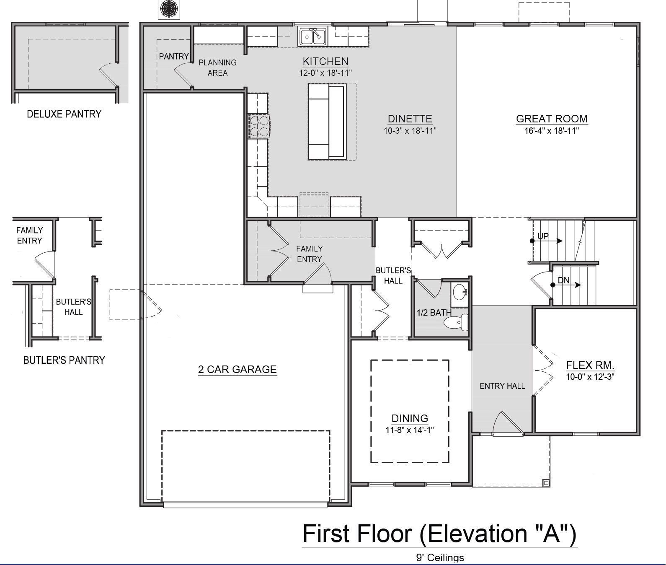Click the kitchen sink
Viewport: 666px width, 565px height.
[313, 37]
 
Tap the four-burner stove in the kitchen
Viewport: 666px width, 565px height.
[259, 126]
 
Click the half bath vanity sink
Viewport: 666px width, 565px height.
[459, 293]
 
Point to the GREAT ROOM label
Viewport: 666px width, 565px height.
[552, 119]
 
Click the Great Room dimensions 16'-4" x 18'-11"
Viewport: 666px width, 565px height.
[552, 131]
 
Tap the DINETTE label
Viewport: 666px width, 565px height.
[410, 119]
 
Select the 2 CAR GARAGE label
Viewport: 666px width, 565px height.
[237, 369]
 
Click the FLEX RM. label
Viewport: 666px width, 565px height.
[590, 365]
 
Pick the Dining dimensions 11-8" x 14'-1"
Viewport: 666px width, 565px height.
[410, 430]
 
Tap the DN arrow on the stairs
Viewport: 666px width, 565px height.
[566, 285]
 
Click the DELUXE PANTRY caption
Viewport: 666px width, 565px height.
[64, 114]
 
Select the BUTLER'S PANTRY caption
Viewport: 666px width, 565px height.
[64, 360]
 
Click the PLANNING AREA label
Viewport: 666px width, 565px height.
[217, 68]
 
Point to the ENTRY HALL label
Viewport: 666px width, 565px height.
[502, 386]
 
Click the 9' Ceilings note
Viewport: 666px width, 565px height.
[440, 558]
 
